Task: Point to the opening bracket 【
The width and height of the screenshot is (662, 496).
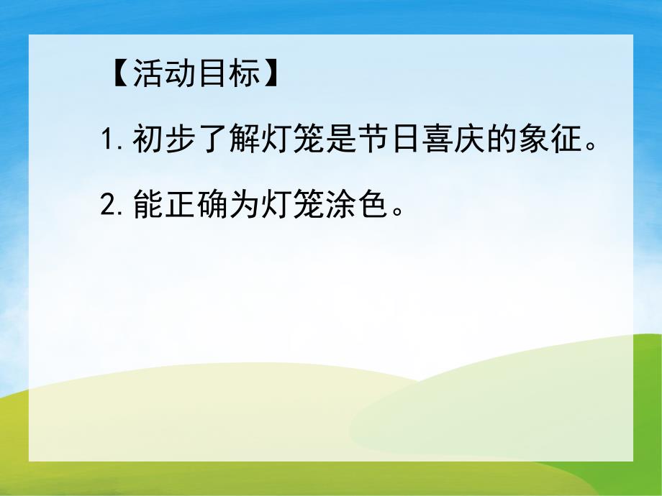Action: (x=119, y=75)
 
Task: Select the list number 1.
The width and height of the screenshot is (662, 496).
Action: (x=109, y=141)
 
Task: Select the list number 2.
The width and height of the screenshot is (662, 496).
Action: (x=109, y=206)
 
